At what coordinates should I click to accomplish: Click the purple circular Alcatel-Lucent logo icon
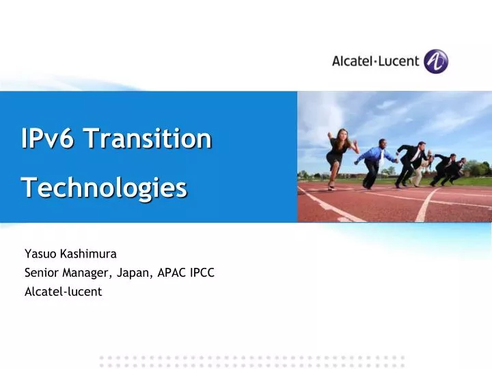click(x=435, y=61)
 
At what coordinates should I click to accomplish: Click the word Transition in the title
click(x=148, y=139)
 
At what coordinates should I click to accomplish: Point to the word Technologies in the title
click(x=104, y=187)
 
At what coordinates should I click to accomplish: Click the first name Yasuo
click(x=40, y=254)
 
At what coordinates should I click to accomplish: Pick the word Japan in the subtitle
click(x=135, y=273)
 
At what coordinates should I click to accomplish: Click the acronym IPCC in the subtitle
click(x=203, y=273)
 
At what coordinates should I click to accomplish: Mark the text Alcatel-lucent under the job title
click(x=63, y=291)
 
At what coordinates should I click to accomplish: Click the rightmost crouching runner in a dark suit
click(x=454, y=170)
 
